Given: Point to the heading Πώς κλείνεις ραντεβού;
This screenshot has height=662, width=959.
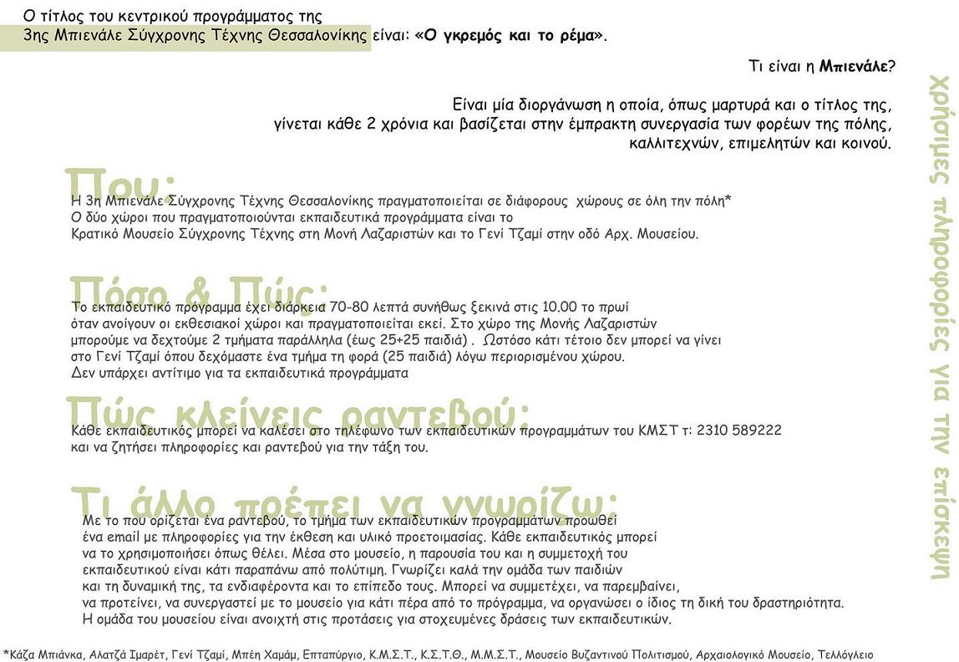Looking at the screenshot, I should pos(297,411).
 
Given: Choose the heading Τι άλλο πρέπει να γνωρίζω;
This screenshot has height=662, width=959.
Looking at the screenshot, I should pos(343,502).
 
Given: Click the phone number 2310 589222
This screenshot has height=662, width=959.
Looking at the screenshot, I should pos(733,430).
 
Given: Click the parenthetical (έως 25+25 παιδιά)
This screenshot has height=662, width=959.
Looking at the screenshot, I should pos(403,340).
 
